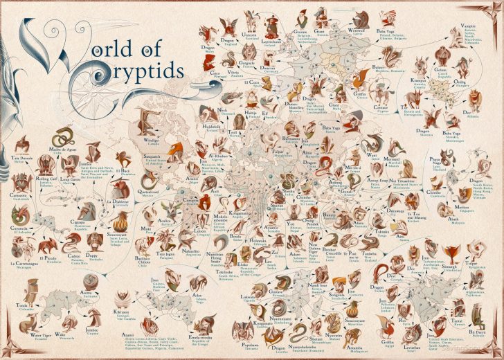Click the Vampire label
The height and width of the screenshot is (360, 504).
(x=469, y=26)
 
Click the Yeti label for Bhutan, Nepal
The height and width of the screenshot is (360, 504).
(x=291, y=224)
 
